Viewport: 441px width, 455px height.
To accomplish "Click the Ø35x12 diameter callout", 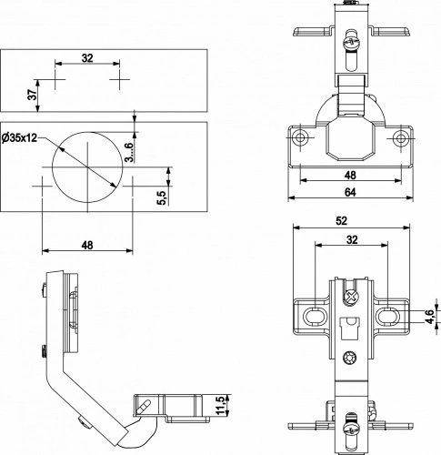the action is (19, 138).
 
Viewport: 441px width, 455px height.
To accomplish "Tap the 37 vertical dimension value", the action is (33, 95).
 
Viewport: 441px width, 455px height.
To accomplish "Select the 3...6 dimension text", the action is (129, 152).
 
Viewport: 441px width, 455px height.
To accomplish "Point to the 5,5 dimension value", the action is (162, 197).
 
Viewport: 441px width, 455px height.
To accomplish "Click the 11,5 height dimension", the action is (222, 405).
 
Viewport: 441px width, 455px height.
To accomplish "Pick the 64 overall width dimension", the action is (350, 192).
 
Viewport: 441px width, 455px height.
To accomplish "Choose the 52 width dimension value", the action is (341, 221).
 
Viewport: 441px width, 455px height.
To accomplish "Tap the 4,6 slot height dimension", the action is (431, 317).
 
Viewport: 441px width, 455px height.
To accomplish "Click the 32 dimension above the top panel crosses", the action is (87, 58).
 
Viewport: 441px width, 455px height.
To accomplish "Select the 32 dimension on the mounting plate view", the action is (352, 239).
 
